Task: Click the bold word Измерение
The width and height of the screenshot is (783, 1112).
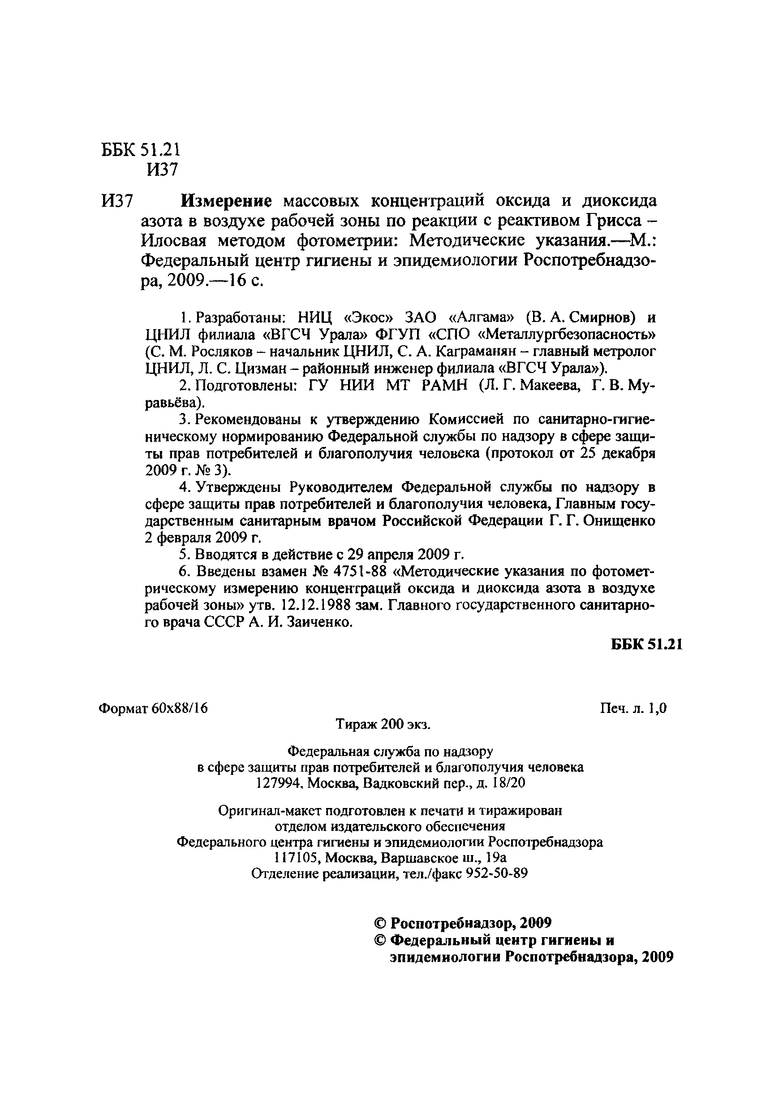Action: click(x=227, y=200)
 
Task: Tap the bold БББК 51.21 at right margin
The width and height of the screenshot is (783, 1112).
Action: click(x=646, y=645)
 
